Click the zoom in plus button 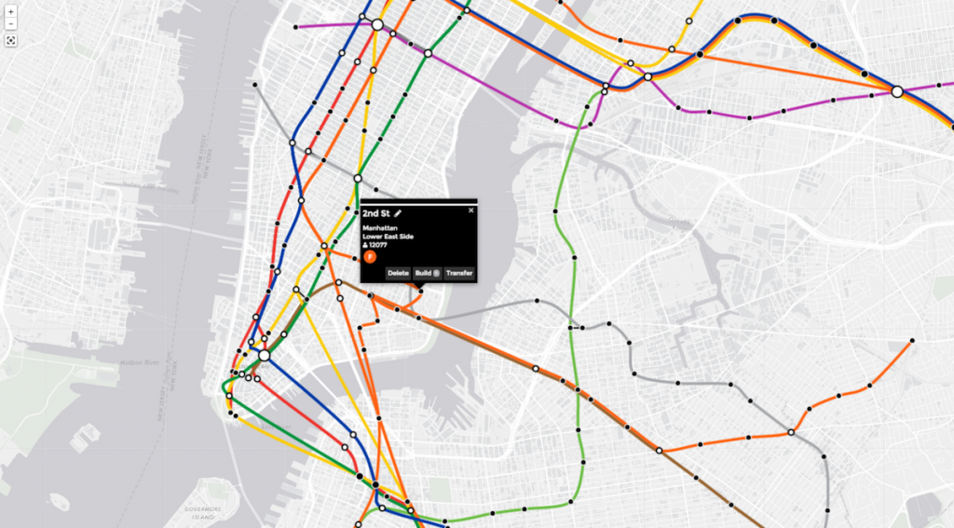click(10, 11)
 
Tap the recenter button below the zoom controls click(10, 41)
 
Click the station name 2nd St click(376, 214)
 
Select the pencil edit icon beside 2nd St click(398, 214)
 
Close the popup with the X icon click(470, 210)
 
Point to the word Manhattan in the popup click(379, 227)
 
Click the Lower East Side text click(388, 237)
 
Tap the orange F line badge click(370, 257)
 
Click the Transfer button click(459, 273)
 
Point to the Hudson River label click(140, 362)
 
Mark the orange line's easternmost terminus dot click(913, 341)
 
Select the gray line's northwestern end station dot click(254, 85)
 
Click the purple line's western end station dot click(295, 27)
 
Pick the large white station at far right click(897, 91)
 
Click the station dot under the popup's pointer click(420, 291)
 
